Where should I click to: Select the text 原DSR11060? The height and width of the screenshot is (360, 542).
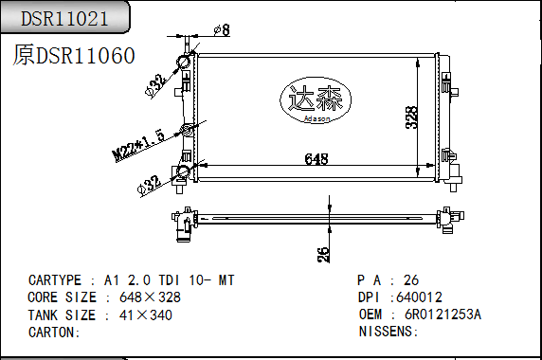[74, 56]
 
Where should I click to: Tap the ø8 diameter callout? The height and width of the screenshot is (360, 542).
[220, 31]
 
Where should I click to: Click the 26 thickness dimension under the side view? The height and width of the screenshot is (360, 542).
[323, 253]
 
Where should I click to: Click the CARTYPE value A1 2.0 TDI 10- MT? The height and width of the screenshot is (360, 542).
[168, 280]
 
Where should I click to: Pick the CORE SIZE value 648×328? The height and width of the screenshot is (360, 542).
[150, 297]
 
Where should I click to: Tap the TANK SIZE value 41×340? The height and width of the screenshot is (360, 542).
[146, 315]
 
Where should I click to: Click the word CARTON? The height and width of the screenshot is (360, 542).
[54, 332]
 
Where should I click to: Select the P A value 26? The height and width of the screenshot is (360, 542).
[411, 280]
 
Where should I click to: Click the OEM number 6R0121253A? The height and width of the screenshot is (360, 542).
[443, 315]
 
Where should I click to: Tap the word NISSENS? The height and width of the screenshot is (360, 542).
[388, 332]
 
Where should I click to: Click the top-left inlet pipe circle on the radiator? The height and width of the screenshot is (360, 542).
[184, 63]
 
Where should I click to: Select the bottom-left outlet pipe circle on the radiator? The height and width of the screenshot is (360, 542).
[183, 171]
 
